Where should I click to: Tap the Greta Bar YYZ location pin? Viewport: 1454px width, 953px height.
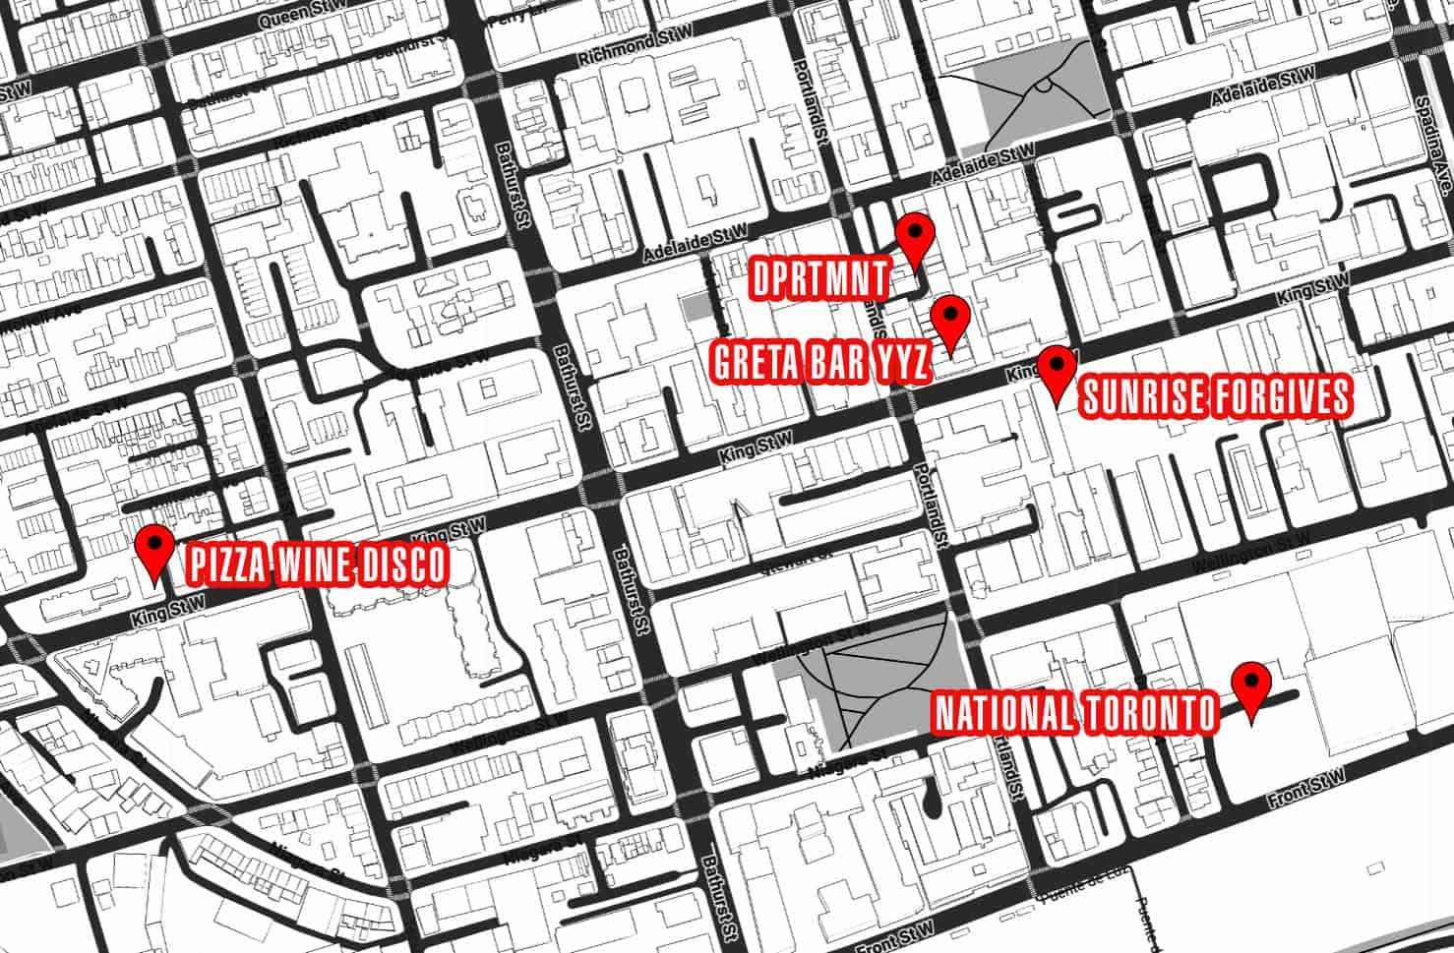tap(950, 317)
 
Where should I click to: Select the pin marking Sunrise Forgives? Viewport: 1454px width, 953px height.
tap(1058, 369)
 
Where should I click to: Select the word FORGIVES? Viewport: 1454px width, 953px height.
tap(1279, 396)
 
